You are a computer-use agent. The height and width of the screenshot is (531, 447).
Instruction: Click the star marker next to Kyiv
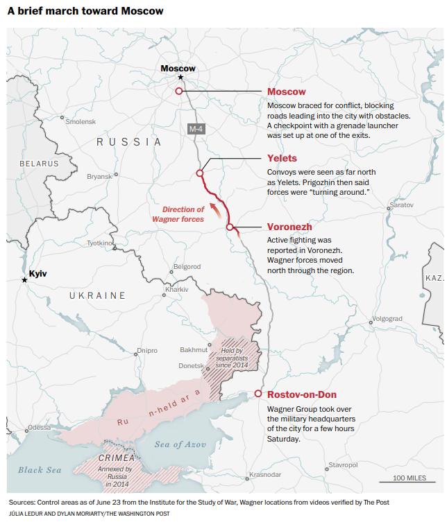point(25,279)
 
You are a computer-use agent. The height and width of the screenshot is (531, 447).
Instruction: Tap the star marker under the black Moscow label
point(180,78)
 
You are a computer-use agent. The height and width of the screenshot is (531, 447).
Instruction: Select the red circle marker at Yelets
point(200,173)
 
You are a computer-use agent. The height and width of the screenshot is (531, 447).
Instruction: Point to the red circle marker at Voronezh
point(229,227)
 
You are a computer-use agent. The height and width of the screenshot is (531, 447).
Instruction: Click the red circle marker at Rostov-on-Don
point(258,394)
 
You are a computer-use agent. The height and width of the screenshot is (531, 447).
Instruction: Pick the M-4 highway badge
point(196,129)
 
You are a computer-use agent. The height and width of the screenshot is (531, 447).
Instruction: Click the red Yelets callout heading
point(282,159)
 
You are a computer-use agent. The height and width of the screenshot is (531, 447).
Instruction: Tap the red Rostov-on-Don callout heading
point(302,395)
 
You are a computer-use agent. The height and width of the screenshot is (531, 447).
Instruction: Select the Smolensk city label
point(81,121)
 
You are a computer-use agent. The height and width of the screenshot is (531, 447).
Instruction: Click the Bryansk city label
point(99,177)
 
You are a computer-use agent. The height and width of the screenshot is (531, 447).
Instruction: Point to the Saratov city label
point(401,206)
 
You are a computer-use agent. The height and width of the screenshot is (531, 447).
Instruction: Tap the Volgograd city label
point(387,319)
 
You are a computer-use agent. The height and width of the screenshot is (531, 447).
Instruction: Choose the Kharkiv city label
point(177,289)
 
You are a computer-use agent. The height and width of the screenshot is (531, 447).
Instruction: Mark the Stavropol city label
point(343,464)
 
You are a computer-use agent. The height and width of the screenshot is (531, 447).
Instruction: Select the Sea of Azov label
point(180,444)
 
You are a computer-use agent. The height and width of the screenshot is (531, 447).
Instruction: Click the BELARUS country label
point(39,164)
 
